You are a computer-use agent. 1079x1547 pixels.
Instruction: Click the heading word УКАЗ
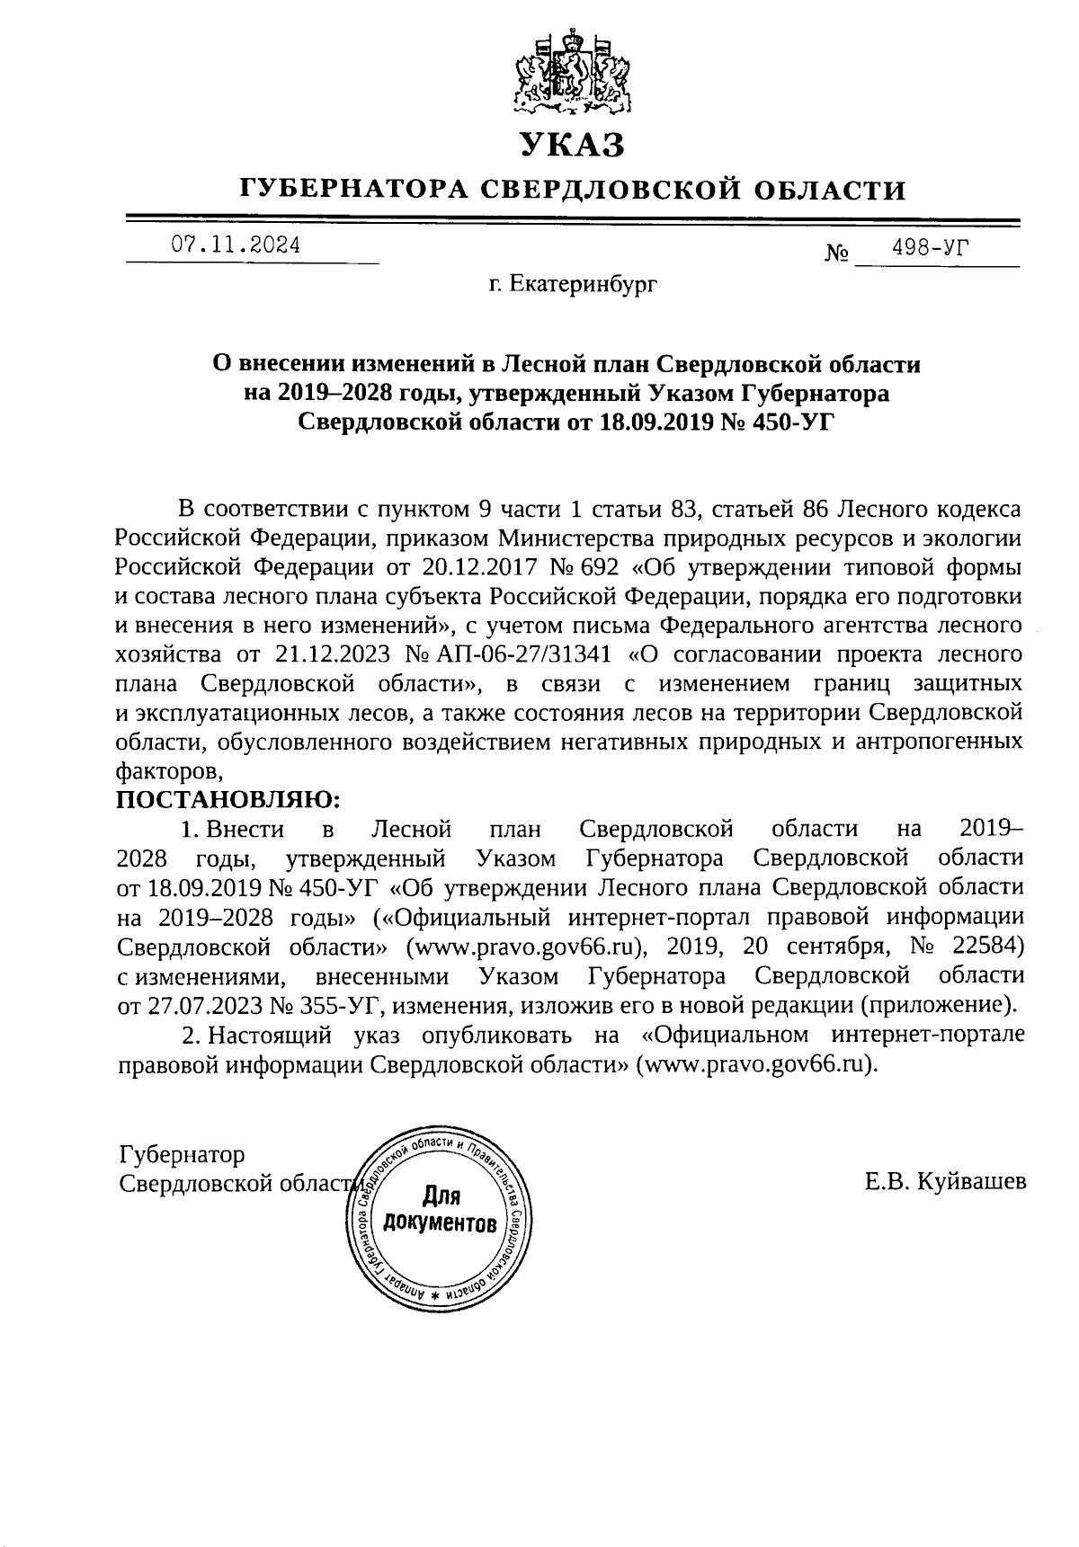coord(571,145)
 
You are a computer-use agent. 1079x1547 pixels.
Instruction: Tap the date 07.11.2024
coord(236,245)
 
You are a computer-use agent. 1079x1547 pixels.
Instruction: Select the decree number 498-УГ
coord(930,248)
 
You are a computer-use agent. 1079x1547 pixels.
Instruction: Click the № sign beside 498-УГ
coord(836,254)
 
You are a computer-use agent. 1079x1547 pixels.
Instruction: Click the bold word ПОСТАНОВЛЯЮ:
coord(228,797)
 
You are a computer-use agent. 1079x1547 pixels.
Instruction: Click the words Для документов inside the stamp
coord(440,1210)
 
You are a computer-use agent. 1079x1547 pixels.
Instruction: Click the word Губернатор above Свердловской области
coord(182,1154)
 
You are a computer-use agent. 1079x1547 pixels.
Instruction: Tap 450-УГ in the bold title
coord(780,422)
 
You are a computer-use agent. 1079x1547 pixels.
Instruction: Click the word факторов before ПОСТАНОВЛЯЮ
coord(169,770)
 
